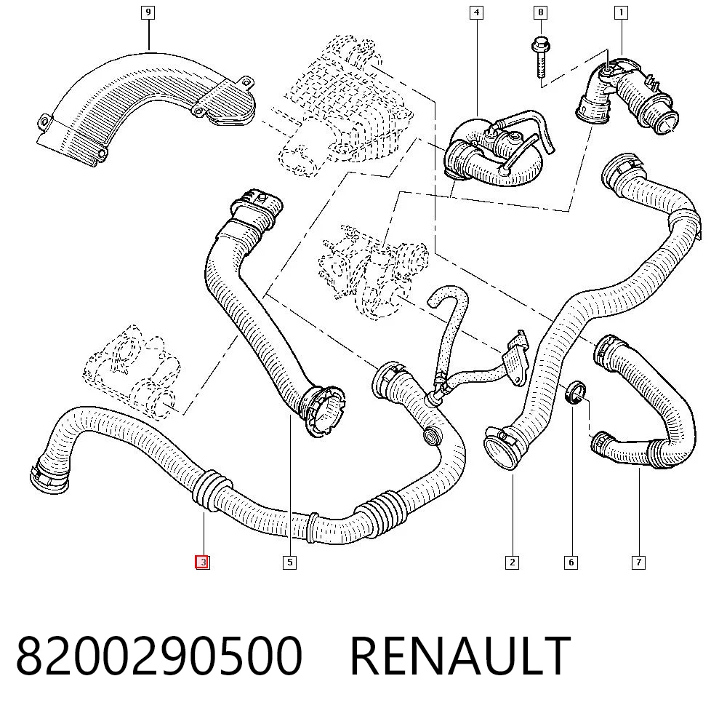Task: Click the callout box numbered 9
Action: click(148, 12)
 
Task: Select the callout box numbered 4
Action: click(476, 12)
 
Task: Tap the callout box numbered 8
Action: click(540, 12)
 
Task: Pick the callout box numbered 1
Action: click(621, 12)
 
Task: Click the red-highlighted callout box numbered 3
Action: click(203, 562)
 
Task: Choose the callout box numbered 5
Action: click(290, 562)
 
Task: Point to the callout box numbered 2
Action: click(512, 562)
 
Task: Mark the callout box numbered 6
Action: click(571, 562)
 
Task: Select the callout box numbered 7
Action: click(638, 562)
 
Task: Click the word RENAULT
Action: click(460, 656)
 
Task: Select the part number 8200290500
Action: click(159, 656)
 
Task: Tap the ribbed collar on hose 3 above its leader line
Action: click(211, 490)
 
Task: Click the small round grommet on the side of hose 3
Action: click(432, 435)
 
